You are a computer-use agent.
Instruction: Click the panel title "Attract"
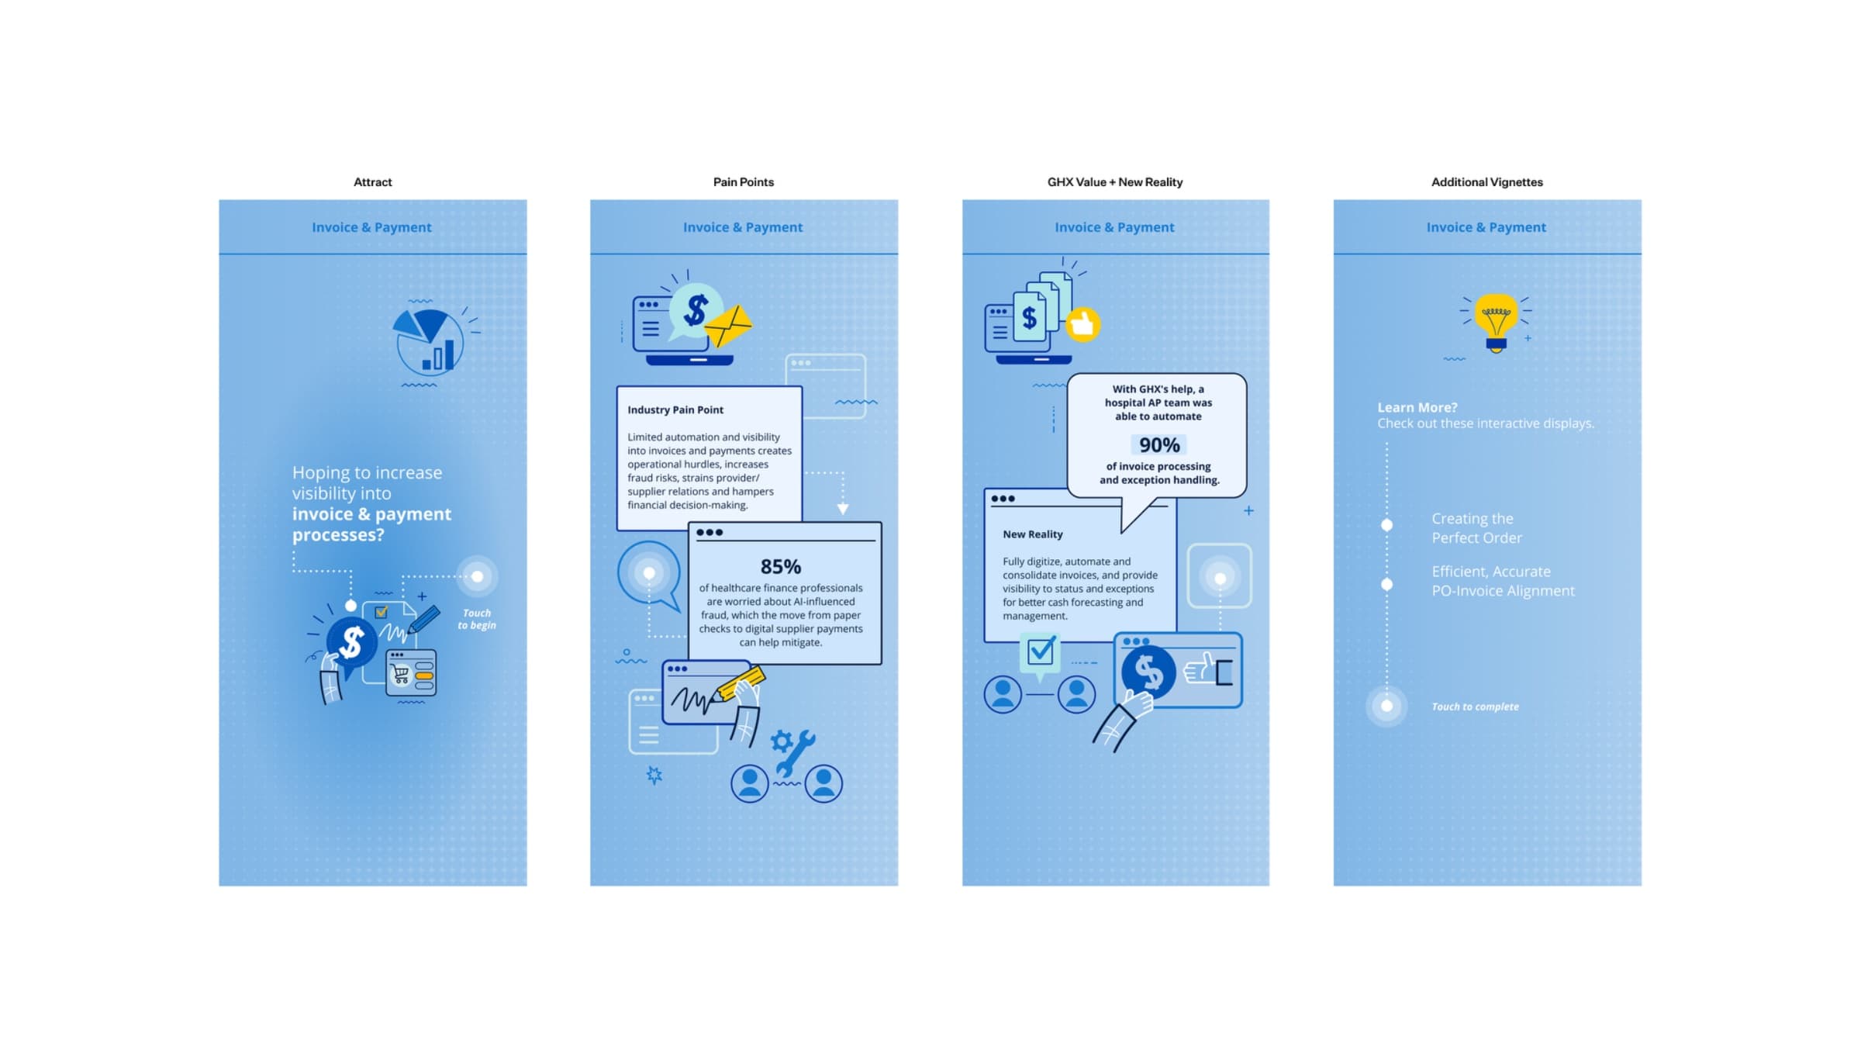click(372, 182)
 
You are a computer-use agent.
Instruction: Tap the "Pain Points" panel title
click(743, 182)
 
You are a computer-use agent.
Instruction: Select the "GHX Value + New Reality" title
click(1114, 182)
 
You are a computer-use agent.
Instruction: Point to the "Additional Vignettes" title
click(1486, 182)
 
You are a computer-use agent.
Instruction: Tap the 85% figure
click(780, 567)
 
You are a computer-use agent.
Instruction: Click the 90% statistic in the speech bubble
click(1158, 445)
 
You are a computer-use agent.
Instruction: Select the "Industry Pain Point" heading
click(675, 410)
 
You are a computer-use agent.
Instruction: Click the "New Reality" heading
click(1032, 534)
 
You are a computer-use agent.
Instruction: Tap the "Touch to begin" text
click(476, 619)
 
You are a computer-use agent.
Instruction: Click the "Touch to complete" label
click(1475, 707)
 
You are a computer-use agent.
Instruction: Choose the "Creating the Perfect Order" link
click(1476, 528)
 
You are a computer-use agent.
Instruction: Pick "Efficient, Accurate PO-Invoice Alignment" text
click(1502, 581)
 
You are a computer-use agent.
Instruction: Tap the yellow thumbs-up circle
click(1082, 325)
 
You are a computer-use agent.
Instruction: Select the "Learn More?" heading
click(1417, 407)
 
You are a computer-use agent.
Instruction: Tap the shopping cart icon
click(400, 674)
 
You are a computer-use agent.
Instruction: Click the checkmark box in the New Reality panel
click(1040, 651)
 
